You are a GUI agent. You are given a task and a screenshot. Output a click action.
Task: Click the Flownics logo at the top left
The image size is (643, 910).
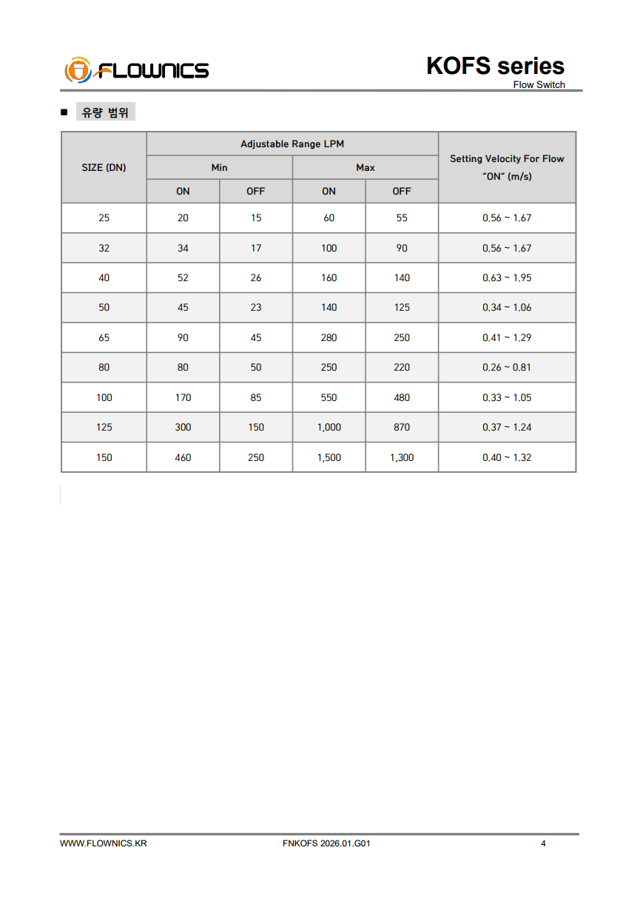(x=137, y=70)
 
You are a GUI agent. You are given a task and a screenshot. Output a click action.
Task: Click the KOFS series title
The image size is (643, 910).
(x=495, y=66)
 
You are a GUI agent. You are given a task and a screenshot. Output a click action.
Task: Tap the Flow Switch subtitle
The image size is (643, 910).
(x=539, y=84)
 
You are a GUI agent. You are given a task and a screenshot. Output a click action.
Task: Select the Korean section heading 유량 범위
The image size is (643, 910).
(x=105, y=112)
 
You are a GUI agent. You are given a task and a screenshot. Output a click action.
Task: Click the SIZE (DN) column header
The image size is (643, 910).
(x=104, y=167)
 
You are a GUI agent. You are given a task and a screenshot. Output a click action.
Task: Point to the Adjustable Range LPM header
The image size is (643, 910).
(x=292, y=144)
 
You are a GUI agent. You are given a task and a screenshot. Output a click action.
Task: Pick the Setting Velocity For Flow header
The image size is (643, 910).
(x=507, y=167)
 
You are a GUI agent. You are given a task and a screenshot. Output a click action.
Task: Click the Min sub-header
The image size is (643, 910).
(x=219, y=167)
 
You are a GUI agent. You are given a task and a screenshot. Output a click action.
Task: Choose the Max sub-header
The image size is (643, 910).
(x=366, y=167)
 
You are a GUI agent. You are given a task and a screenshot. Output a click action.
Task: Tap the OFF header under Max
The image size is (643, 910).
(x=402, y=191)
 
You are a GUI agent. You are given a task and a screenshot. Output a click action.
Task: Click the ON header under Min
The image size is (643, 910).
(x=183, y=191)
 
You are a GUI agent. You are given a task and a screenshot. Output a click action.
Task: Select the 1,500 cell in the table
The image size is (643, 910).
(x=329, y=457)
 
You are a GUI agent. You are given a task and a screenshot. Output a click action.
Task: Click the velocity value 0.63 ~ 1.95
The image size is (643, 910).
(x=507, y=277)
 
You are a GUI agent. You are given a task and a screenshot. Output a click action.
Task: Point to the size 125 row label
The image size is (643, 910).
(x=104, y=427)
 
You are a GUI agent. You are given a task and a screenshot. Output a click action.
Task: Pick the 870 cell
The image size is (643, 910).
(x=402, y=427)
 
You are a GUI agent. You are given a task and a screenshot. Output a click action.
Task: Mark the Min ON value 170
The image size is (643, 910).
(x=183, y=397)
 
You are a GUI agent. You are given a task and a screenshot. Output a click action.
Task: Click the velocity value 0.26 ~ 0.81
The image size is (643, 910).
(x=507, y=367)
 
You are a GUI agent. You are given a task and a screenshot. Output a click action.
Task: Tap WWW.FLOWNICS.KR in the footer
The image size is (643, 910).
(x=103, y=843)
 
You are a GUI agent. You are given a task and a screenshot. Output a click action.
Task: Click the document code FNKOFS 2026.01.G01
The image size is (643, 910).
(x=326, y=843)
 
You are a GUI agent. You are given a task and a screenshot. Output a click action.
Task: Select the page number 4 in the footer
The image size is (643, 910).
(x=543, y=843)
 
